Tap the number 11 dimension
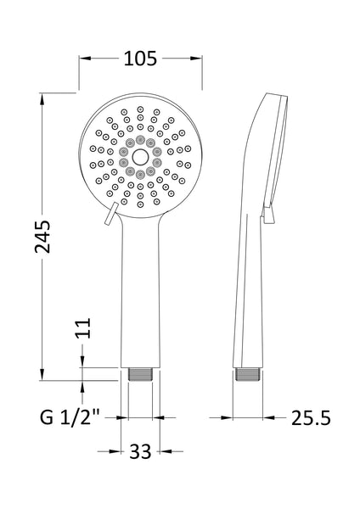pyautogui.click(x=82, y=328)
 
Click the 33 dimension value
pyautogui.click(x=141, y=451)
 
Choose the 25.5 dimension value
pyautogui.click(x=309, y=417)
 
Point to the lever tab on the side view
pyautogui.click(x=269, y=215)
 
